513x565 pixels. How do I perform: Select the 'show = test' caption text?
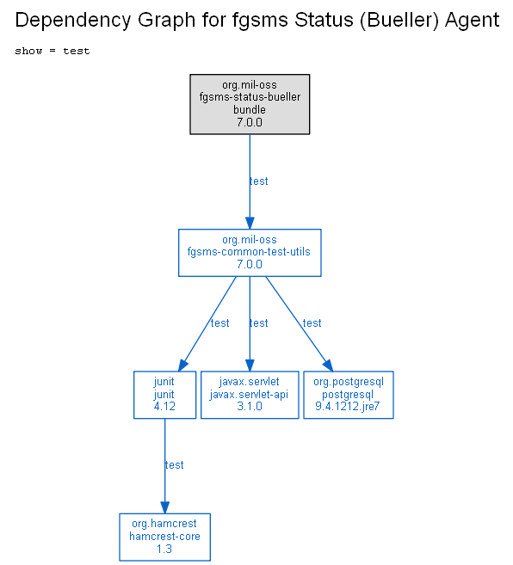point(53,51)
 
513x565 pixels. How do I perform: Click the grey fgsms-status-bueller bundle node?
point(250,105)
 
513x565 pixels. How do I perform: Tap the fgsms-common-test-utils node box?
point(250,253)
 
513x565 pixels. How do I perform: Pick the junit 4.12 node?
point(165,395)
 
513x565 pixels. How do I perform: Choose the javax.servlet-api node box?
point(250,395)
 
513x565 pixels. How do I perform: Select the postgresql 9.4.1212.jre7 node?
point(349,395)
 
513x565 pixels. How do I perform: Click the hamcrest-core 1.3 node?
point(165,537)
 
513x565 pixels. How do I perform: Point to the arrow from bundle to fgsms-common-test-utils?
point(250,181)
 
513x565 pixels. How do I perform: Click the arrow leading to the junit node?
point(207,324)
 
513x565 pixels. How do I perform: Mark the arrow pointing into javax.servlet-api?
point(250,324)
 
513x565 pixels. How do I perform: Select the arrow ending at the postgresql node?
point(300,324)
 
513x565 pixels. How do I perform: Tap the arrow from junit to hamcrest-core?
point(165,466)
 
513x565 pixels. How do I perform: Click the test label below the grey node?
point(259,181)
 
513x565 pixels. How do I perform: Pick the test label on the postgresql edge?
point(312,323)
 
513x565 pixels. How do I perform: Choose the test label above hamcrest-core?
point(174,465)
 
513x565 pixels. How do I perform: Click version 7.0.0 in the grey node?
point(250,122)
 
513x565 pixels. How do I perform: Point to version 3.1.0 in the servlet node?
point(250,407)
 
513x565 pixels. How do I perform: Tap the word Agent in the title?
point(473,21)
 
